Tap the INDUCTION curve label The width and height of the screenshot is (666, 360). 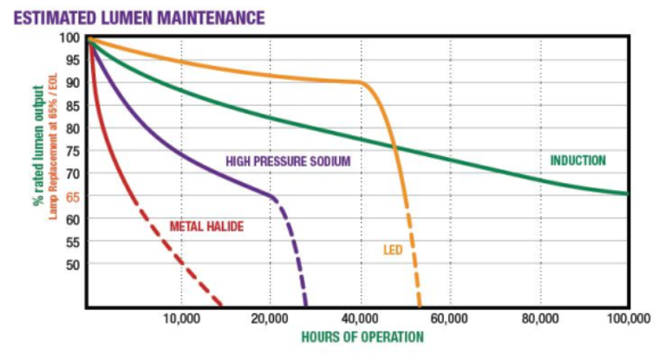tap(578, 160)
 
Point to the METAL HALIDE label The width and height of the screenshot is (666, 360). tap(206, 227)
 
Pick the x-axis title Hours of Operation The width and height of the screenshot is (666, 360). tap(362, 337)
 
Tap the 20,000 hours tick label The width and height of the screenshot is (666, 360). tap(271, 318)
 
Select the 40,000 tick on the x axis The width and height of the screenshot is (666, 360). tap(361, 318)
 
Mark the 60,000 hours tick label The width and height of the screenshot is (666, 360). tap(450, 318)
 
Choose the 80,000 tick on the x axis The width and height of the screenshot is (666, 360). tap(540, 318)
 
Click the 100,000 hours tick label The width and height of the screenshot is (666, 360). tap(628, 318)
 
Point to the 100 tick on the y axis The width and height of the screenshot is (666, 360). tap(70, 38)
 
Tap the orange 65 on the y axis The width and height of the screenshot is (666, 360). tap(72, 196)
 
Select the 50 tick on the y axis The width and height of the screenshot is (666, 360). tap(72, 264)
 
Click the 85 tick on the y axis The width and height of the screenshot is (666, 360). tap(72, 106)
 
